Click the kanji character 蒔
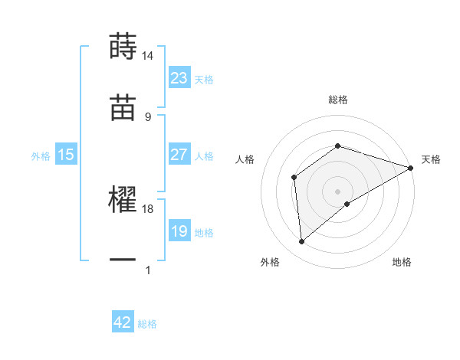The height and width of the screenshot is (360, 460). [x=123, y=46]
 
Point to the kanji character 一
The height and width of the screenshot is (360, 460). [x=123, y=260]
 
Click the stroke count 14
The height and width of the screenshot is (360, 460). [x=148, y=56]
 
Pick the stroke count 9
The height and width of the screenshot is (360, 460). [x=148, y=116]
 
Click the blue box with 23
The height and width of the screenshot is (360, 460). [x=179, y=78]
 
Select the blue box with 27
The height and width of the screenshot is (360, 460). [x=179, y=155]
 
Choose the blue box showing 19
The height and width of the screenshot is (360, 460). [x=179, y=231]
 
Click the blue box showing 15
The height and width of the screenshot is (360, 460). [x=66, y=155]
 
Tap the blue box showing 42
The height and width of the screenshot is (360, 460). [x=123, y=322]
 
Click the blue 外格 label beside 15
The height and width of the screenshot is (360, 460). [x=41, y=155]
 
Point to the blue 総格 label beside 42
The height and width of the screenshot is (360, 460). [x=147, y=324]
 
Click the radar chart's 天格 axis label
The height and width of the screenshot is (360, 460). [x=431, y=159]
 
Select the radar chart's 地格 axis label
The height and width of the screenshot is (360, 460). [x=402, y=263]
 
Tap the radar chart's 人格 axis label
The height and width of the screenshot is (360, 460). [x=245, y=159]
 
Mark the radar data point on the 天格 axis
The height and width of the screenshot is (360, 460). [x=411, y=168]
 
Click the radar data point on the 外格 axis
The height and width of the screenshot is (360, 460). [x=301, y=242]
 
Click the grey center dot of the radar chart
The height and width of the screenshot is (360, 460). [x=338, y=191]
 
